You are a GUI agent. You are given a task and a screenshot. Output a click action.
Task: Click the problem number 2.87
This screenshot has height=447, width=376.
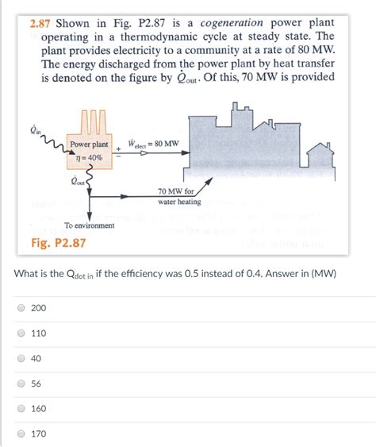tap(36, 21)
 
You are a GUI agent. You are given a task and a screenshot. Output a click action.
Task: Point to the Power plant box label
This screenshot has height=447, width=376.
tap(89, 145)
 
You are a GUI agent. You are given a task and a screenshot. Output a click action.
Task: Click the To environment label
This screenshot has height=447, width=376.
tap(89, 225)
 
